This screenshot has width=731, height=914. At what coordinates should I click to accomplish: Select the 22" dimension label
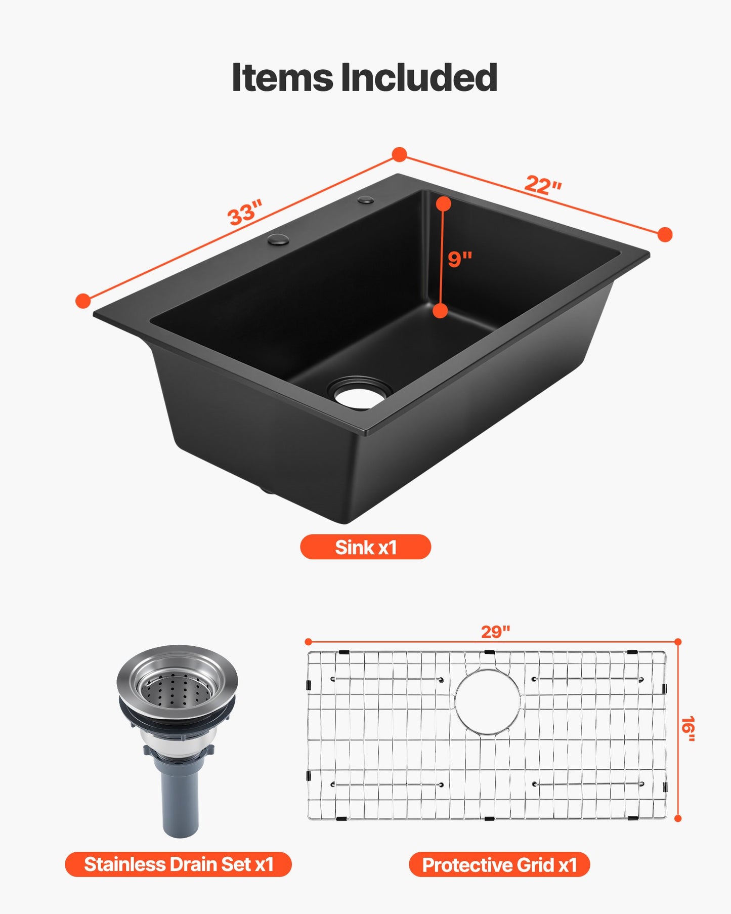pos(543,185)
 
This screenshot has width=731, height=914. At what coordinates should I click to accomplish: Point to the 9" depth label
pos(460,259)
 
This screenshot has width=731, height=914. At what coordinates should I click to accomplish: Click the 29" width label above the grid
pos(495,632)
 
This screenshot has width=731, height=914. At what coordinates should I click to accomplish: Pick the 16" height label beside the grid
pos(688,729)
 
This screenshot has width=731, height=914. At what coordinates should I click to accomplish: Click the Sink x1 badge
pos(365,547)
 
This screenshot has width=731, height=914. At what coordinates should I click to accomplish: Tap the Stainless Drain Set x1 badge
pos(178,864)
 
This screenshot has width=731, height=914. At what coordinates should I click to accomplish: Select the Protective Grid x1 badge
pos(499,865)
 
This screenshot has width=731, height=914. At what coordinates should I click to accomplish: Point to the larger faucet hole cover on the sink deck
pos(278,239)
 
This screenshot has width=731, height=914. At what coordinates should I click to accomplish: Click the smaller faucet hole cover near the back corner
pos(366,200)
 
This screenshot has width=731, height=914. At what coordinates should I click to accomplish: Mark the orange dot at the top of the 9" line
pos(444,204)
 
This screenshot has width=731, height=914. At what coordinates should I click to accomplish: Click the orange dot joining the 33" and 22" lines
pos(400,155)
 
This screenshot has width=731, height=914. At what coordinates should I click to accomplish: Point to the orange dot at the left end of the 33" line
pos(83,301)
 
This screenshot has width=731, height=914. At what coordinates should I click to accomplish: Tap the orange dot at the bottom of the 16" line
pos(678,818)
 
